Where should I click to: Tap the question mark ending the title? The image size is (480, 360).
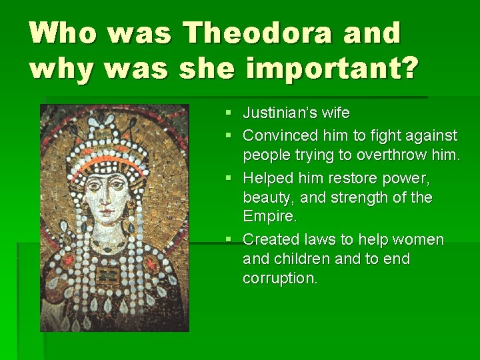[x=409, y=68]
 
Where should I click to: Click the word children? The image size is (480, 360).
[x=301, y=259]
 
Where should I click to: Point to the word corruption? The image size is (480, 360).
[x=279, y=279]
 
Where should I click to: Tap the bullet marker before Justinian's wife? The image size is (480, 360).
[x=228, y=114]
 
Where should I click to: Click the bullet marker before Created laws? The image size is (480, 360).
[x=228, y=239]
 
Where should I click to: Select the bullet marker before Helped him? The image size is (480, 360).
[x=228, y=179]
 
